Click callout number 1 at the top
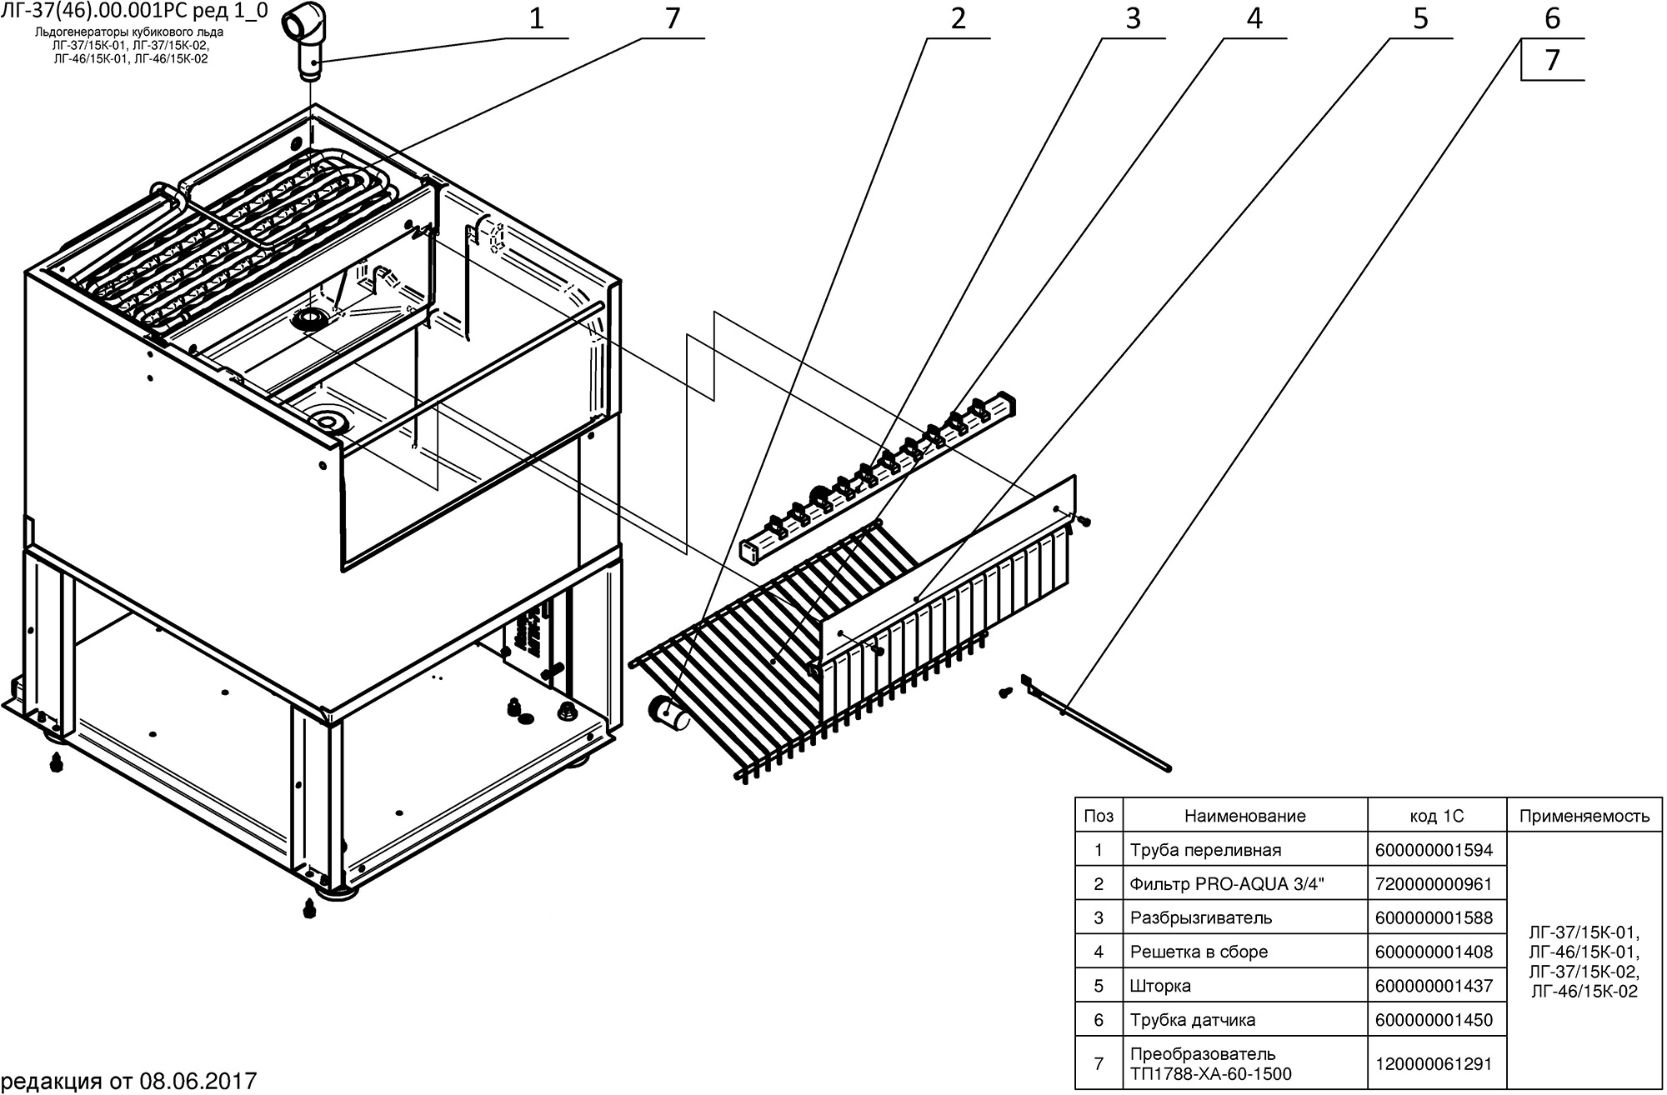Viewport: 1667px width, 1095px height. tap(536, 19)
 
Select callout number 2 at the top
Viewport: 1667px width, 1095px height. tap(958, 19)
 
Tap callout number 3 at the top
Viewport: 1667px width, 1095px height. tap(1133, 19)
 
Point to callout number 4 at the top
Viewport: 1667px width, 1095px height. tap(1254, 19)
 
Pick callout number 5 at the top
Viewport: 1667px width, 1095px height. tap(1420, 19)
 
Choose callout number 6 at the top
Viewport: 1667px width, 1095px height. tap(1552, 19)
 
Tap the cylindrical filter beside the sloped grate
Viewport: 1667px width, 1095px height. tap(667, 711)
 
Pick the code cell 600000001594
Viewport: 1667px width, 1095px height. tap(1437, 850)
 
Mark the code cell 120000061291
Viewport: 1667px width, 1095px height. tap(1437, 1063)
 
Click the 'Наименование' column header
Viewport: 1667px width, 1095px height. tap(1245, 816)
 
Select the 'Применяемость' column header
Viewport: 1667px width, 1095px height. tap(1584, 816)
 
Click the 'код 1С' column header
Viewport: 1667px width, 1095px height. tap(1437, 816)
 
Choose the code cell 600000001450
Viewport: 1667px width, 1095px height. tap(1437, 1020)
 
